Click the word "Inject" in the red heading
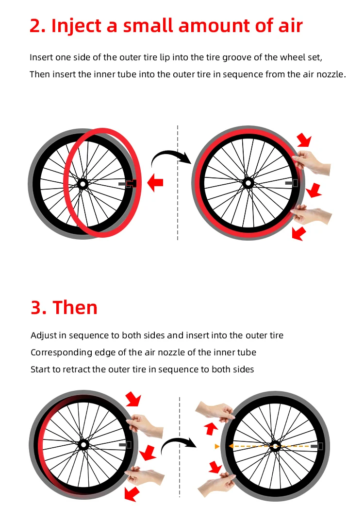pyautogui.click(x=76, y=26)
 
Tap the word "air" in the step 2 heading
pyautogui.click(x=290, y=26)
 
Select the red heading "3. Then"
pyautogui.click(x=64, y=307)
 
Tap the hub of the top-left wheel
pyautogui.click(x=82, y=184)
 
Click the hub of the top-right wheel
pyautogui.click(x=248, y=183)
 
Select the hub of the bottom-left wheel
pyautogui.click(x=83, y=445)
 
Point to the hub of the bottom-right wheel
pyautogui.click(x=275, y=446)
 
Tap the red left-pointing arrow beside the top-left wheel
pyautogui.click(x=155, y=183)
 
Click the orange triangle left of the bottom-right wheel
pyautogui.click(x=217, y=446)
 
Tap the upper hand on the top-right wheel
pyautogui.click(x=312, y=162)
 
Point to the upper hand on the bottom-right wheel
pyautogui.click(x=215, y=411)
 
